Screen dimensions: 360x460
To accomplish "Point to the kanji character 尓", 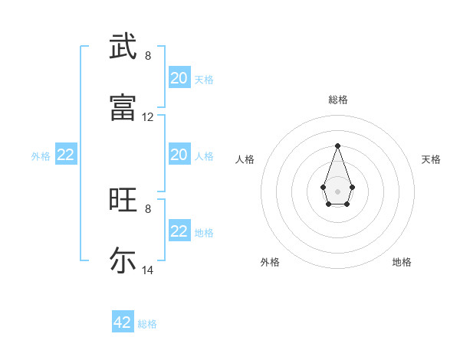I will [123, 260].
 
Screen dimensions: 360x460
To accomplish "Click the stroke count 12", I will [148, 117].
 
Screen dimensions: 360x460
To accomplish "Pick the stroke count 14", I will [148, 270].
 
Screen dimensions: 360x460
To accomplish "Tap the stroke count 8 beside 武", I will [148, 56].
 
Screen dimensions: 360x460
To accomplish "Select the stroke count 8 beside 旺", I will [148, 208].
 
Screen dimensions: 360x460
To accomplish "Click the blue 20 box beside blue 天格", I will [179, 78].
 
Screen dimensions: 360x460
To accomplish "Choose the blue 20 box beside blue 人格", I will [179, 155].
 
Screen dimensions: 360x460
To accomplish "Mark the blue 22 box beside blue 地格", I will [179, 231].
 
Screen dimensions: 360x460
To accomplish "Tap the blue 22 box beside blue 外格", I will [66, 155].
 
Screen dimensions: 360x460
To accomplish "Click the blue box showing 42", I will [123, 322].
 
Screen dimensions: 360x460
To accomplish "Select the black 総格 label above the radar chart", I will [338, 100].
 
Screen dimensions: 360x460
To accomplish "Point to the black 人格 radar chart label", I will [245, 159].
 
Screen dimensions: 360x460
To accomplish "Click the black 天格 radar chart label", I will [431, 159].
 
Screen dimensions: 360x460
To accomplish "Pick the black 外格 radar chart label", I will [270, 262].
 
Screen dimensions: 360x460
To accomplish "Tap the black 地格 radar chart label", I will [402, 262].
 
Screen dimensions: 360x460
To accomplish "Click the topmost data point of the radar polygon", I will [337, 146].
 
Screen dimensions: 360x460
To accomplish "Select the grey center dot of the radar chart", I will [337, 190].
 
